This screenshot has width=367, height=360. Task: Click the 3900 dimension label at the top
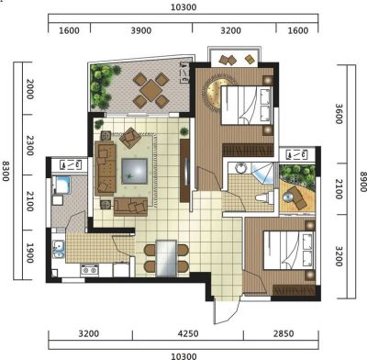[x=141, y=30]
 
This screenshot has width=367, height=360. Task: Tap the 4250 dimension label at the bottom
[x=188, y=333]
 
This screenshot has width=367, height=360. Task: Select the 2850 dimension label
[x=284, y=333]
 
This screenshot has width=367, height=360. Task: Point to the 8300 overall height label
[x=6, y=171]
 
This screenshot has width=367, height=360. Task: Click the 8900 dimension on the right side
[x=362, y=182]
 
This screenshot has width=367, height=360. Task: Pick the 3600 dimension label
[x=339, y=114]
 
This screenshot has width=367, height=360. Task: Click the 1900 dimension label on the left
[x=29, y=253]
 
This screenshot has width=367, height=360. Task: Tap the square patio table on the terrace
[x=150, y=90]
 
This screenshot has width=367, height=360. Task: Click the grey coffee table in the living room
[x=134, y=171]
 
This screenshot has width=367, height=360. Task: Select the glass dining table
[x=166, y=258]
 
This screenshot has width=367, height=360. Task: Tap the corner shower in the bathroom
[x=262, y=174]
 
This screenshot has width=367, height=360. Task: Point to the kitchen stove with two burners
[x=89, y=270]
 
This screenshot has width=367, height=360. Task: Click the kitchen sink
[x=58, y=249]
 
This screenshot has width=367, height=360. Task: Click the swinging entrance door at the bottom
[x=227, y=309]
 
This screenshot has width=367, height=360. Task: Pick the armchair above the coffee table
[x=130, y=138]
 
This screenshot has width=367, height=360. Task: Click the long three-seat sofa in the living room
[x=106, y=168]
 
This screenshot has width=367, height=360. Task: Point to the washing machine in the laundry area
[x=61, y=185]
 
